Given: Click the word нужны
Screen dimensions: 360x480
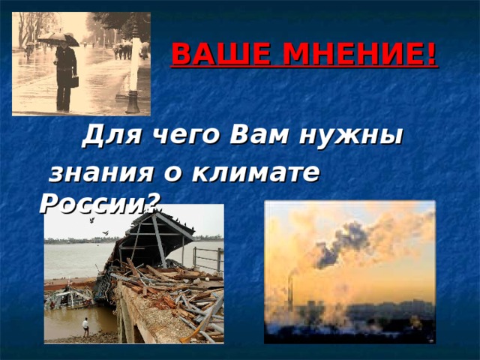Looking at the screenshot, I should pos(349,136).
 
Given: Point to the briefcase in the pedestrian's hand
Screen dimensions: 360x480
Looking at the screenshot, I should pos(74,82).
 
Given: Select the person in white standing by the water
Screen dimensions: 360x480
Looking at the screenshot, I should pos(85,325).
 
